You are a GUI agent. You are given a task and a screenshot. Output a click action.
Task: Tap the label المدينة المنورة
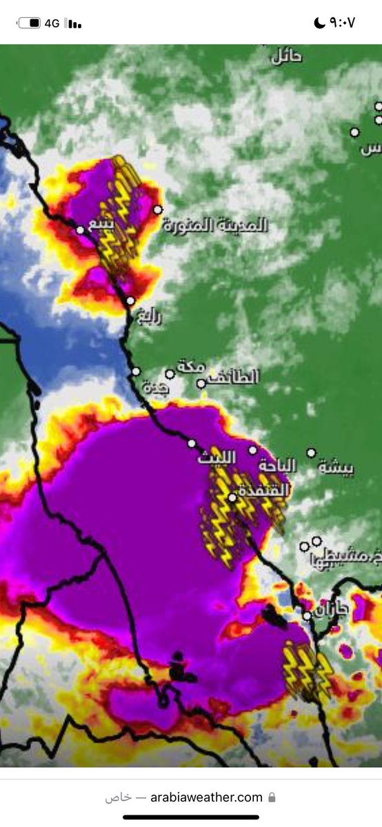(216, 226)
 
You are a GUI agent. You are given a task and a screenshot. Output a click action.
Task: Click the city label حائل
(287, 57)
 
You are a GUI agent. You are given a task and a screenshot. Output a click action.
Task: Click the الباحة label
(277, 467)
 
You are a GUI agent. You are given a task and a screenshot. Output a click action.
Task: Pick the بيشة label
(336, 468)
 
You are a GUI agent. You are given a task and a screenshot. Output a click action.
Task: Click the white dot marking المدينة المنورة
(158, 210)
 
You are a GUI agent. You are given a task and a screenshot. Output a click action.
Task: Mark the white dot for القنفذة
(232, 497)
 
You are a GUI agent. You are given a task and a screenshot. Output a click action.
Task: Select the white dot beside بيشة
(311, 453)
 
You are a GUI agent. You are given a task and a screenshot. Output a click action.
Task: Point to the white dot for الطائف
(201, 383)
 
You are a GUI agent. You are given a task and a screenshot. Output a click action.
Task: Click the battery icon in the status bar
(29, 23)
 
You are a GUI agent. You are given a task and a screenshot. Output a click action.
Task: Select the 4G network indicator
(52, 23)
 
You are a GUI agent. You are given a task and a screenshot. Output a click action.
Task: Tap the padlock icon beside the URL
(272, 797)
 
